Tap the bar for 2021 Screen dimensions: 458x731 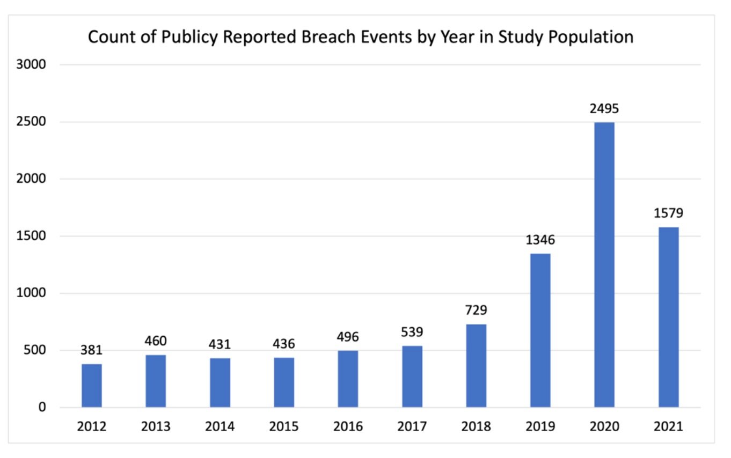tap(668, 317)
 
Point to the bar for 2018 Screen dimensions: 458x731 tap(476, 365)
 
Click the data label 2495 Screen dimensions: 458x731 tap(604, 109)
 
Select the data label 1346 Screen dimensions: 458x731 tap(540, 240)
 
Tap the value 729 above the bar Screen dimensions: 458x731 tap(476, 310)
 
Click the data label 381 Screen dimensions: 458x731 tap(92, 350)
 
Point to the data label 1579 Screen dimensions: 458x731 tap(668, 213)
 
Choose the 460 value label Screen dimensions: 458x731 tap(156, 341)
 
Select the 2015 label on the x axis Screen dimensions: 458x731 tap(284, 427)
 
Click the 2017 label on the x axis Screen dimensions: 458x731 tap(412, 427)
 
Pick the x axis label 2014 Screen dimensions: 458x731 tap(220, 427)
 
